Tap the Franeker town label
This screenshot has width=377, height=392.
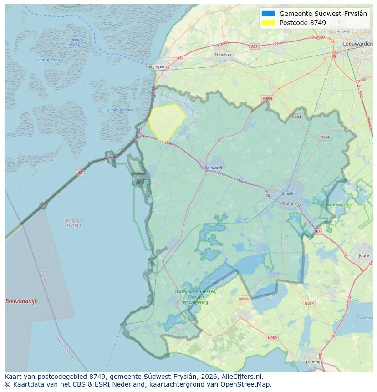(x=223, y=55)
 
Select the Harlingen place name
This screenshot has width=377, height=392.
(x=154, y=66)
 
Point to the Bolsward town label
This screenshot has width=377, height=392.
(x=214, y=168)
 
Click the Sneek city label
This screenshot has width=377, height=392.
(x=287, y=193)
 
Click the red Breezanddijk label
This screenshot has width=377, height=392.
(x=21, y=301)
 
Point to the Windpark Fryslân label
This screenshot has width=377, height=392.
(x=74, y=223)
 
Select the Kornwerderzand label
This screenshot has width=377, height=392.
(x=120, y=110)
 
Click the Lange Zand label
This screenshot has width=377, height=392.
(x=49, y=60)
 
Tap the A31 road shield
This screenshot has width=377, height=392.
(x=254, y=46)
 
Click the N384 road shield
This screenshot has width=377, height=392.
(x=296, y=117)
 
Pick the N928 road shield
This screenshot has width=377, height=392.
(x=244, y=299)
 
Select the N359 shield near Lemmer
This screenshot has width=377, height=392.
(x=272, y=338)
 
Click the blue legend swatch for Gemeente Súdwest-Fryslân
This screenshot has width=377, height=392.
(x=269, y=14)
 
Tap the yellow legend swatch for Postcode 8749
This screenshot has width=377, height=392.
(x=269, y=23)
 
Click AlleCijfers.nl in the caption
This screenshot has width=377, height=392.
(x=240, y=377)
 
